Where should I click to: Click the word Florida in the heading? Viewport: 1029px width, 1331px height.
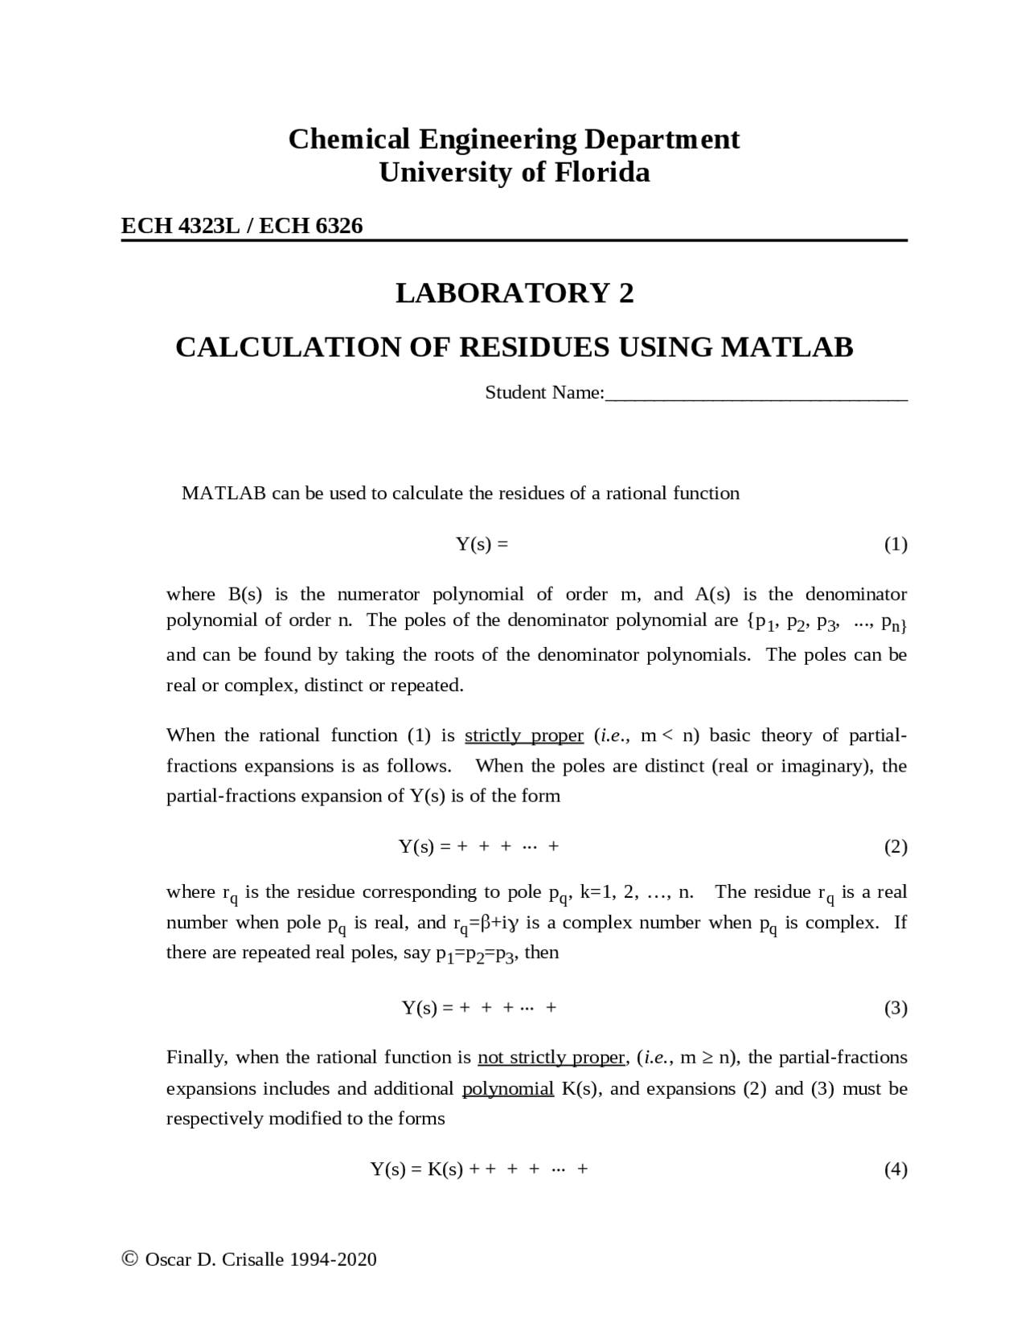(x=601, y=173)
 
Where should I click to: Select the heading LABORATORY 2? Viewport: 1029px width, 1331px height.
(x=514, y=293)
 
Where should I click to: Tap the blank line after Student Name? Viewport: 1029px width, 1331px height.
(x=756, y=394)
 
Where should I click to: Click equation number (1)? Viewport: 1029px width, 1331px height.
(x=896, y=544)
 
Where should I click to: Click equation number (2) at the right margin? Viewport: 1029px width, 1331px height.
(x=896, y=846)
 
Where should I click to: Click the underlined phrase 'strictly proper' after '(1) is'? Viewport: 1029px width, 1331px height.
(x=524, y=735)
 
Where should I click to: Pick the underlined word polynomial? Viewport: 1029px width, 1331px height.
(x=508, y=1088)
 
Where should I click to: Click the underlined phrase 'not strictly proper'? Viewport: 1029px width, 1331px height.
(x=551, y=1057)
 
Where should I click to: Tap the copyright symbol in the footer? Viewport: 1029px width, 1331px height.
(x=129, y=1259)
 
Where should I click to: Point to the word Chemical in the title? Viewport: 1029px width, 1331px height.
(x=349, y=139)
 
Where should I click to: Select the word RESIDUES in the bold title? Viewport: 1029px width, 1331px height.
(x=533, y=347)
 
